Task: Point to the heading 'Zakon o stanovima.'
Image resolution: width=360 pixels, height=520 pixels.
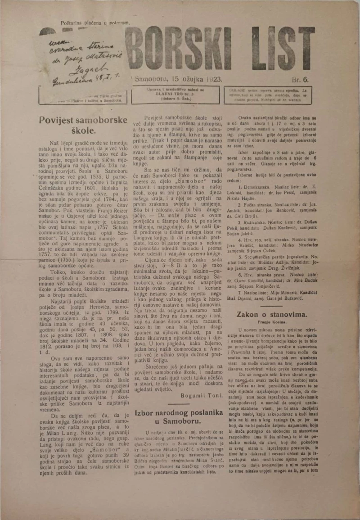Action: [x=272, y=314]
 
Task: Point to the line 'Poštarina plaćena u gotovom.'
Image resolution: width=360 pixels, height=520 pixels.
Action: [x=95, y=23]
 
